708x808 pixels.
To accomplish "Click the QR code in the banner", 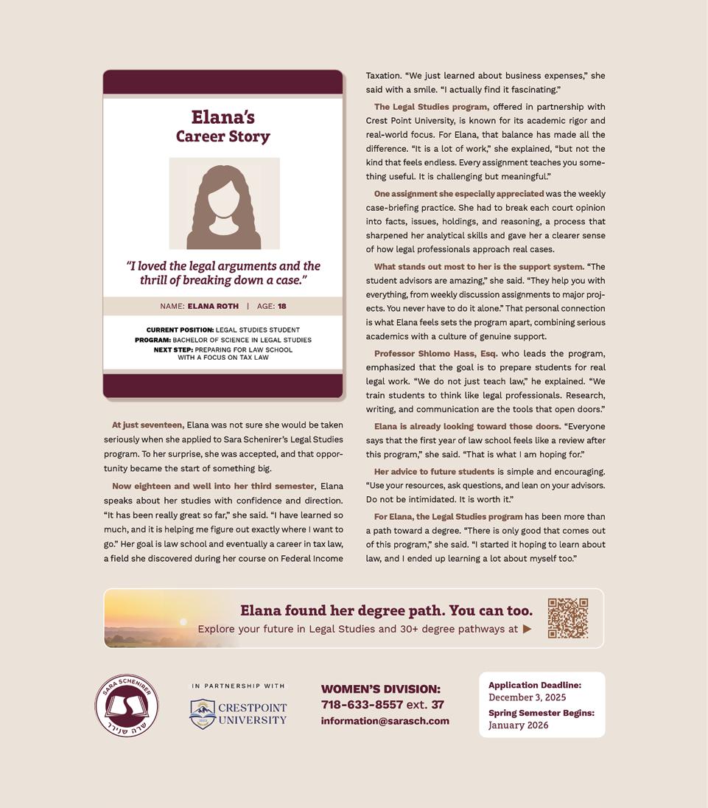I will tap(567, 618).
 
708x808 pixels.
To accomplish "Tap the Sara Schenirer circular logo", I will tap(127, 706).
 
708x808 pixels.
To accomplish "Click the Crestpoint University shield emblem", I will tap(202, 713).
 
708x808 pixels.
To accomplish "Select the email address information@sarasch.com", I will tap(385, 721).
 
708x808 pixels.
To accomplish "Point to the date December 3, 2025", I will tap(527, 697).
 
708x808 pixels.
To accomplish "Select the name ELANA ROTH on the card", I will tap(213, 306).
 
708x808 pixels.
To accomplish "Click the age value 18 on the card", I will tap(282, 306).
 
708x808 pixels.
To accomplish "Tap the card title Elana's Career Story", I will tap(223, 126).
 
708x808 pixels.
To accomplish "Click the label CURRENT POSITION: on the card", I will tap(180, 330).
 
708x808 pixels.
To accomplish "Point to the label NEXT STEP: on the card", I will tap(173, 349).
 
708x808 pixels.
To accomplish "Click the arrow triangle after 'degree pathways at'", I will tap(527, 629).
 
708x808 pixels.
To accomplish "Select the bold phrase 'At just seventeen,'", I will tap(148, 425).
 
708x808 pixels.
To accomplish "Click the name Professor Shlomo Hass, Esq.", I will tap(435, 353).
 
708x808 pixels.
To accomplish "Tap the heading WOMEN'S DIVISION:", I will tap(380, 689).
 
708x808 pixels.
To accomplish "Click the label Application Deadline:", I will tap(534, 685).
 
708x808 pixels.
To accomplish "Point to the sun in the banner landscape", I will tap(183, 621).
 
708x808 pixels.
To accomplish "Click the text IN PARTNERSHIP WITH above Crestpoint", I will tap(238, 686).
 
